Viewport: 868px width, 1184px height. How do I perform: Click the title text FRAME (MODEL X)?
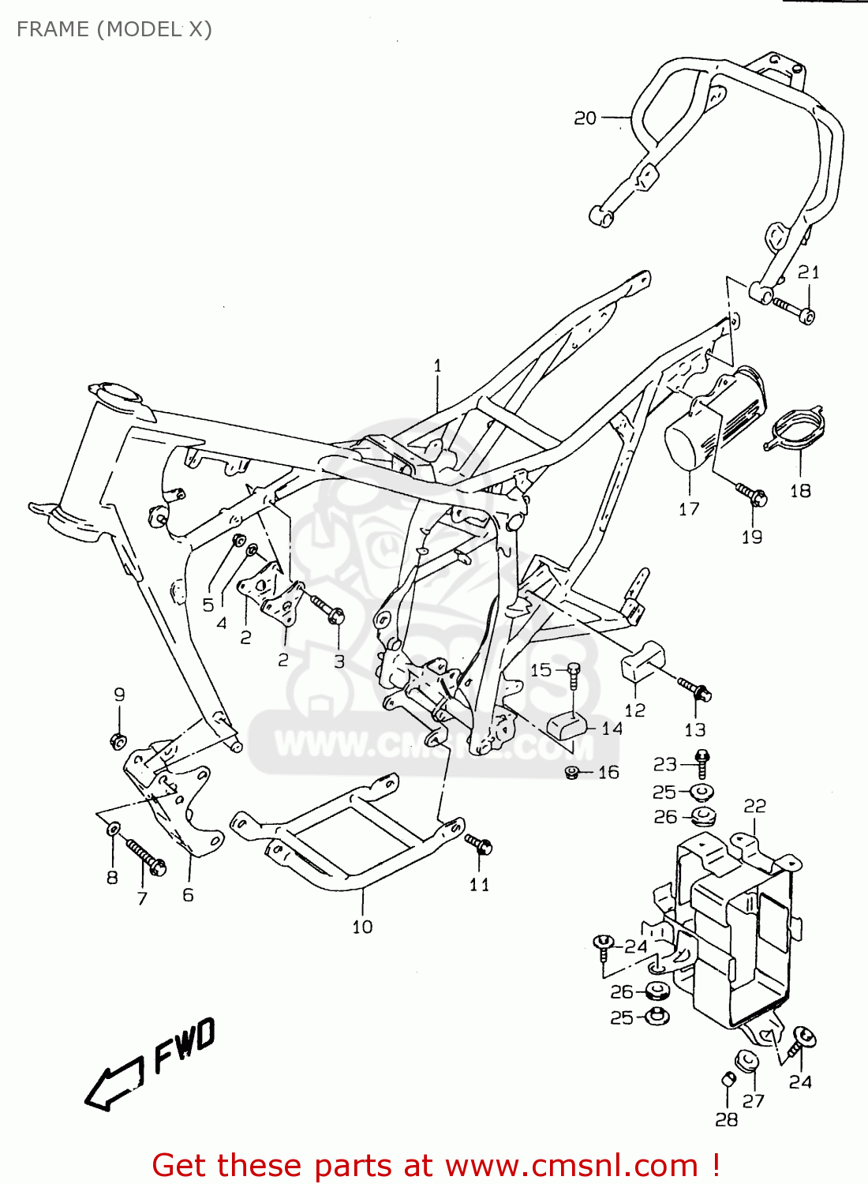pyautogui.click(x=114, y=29)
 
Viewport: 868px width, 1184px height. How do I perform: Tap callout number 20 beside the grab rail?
pyautogui.click(x=585, y=118)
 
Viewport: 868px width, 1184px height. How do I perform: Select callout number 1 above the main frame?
pyautogui.click(x=437, y=365)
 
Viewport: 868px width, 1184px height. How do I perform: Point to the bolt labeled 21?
pyautogui.click(x=793, y=309)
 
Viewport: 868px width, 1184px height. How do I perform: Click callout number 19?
pyautogui.click(x=751, y=537)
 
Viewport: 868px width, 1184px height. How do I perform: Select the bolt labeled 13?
pyautogui.click(x=696, y=689)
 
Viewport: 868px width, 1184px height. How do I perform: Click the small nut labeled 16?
pyautogui.click(x=573, y=772)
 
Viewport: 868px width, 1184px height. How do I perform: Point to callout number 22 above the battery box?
pyautogui.click(x=754, y=806)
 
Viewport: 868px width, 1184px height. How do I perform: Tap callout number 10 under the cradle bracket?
pyautogui.click(x=362, y=927)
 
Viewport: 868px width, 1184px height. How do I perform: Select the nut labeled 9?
pyautogui.click(x=118, y=740)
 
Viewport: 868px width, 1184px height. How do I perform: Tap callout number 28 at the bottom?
pyautogui.click(x=726, y=1119)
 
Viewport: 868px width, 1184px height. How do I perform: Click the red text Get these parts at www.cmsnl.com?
pyautogui.click(x=435, y=1165)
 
